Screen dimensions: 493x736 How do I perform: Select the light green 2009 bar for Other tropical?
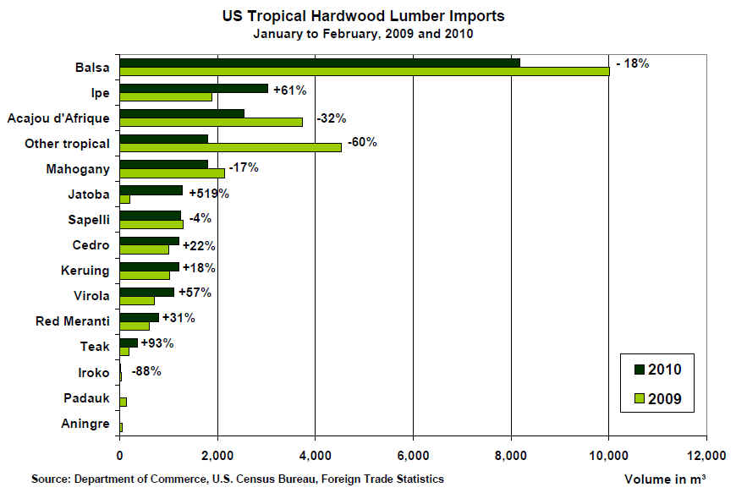click(231, 147)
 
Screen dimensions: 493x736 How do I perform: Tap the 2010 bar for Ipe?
click(194, 88)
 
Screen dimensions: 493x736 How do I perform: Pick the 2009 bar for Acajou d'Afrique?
click(211, 121)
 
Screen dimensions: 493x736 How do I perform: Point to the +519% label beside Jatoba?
click(209, 194)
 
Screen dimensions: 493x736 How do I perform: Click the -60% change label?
click(363, 141)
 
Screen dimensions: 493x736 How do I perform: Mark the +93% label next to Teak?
click(157, 343)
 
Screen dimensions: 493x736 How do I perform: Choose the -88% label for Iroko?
click(146, 370)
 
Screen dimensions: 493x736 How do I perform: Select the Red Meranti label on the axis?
click(74, 321)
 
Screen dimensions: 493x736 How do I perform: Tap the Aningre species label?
click(85, 424)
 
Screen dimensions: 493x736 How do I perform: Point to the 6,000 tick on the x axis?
click(413, 456)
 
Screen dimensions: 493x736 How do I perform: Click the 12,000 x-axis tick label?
click(706, 456)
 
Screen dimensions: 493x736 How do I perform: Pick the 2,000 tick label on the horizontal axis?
click(217, 456)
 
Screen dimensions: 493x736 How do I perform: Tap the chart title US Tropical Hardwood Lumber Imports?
click(364, 16)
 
